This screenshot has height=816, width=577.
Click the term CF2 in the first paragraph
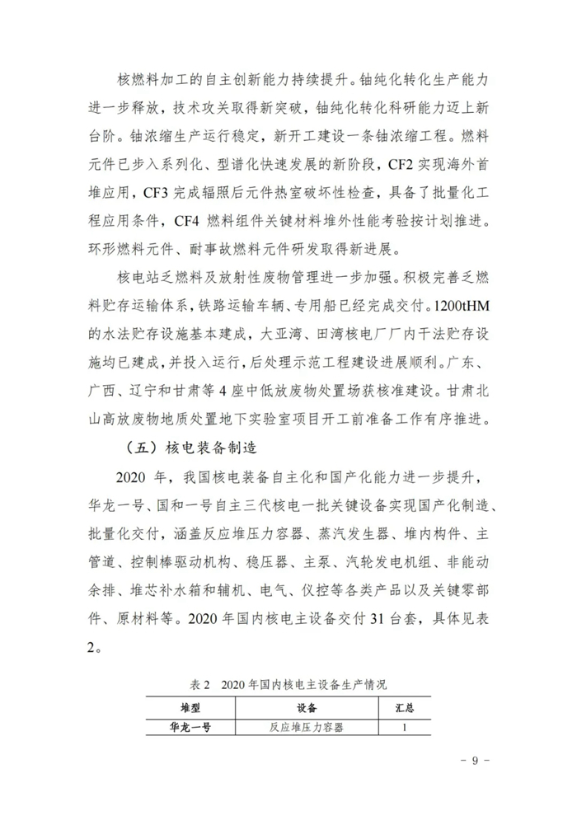pyautogui.click(x=401, y=164)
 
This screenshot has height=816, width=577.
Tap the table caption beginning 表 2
pyautogui.click(x=288, y=685)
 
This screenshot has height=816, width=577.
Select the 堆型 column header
pyautogui.click(x=190, y=707)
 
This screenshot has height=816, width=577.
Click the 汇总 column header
pyautogui.click(x=405, y=707)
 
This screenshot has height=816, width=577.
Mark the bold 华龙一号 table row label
pyautogui.click(x=190, y=727)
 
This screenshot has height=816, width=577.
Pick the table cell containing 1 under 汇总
pyautogui.click(x=405, y=727)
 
